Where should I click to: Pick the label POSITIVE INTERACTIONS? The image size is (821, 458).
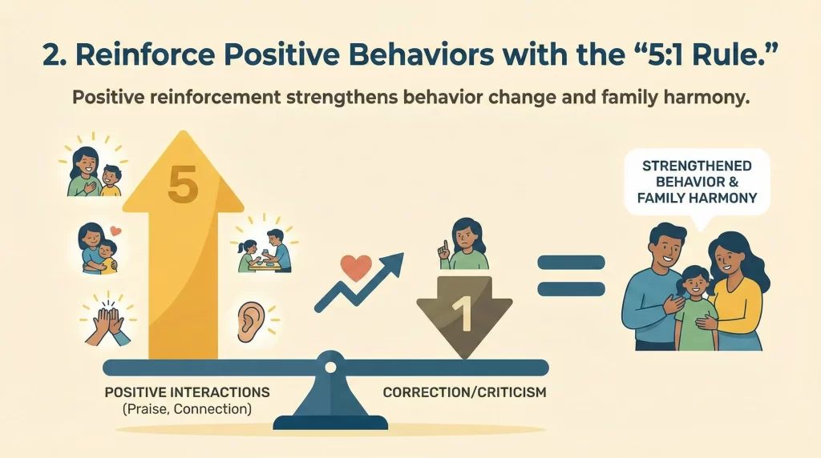click(x=187, y=393)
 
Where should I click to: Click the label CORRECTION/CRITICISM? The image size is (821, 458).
click(x=454, y=393)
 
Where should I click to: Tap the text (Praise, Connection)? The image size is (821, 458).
click(x=187, y=410)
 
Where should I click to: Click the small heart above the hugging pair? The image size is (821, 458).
click(x=115, y=231)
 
